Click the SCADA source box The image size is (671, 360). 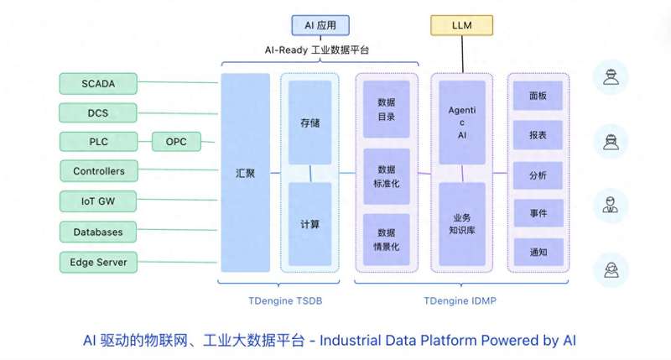pos(98,83)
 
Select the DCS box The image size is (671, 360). pos(98,113)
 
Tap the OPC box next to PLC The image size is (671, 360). pos(176,142)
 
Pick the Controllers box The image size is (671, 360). pos(99,171)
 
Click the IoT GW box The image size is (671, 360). pos(98,201)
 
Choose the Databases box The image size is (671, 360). pos(98,232)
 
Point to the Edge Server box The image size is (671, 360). pos(98,262)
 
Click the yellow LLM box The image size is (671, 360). pos(462,25)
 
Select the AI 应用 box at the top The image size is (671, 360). pos(320,25)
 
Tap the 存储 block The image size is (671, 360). pos(309,123)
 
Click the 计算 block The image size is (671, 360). pos(309,224)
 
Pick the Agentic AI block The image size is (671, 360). pos(462,123)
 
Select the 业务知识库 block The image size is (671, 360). pos(462,224)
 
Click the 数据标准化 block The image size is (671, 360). pos(387,176)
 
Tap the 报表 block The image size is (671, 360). pos(538,135)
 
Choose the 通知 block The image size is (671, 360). pos(538,252)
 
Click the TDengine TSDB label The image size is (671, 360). pos(285,301)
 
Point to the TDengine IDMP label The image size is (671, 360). pos(460,301)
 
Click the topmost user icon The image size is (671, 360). pos(611,77)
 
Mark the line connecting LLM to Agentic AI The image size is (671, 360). pos(462,55)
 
